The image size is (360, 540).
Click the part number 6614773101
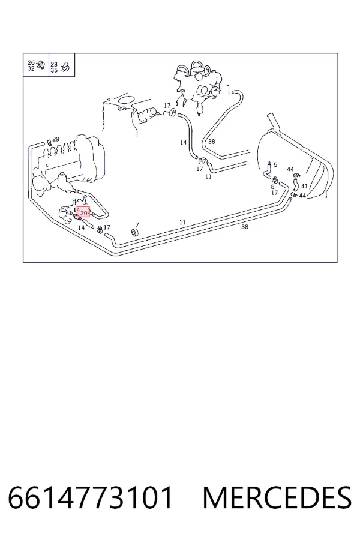pyautogui.click(x=90, y=497)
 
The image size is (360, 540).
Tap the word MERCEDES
pyautogui.click(x=277, y=497)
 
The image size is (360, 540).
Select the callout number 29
pyautogui.click(x=56, y=139)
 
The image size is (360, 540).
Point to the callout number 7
pyautogui.click(x=137, y=225)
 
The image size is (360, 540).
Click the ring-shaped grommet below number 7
pyautogui.click(x=136, y=233)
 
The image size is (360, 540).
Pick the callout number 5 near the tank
pyautogui.click(x=275, y=165)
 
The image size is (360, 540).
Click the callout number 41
pyautogui.click(x=304, y=187)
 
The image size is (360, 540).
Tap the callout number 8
pyautogui.click(x=272, y=187)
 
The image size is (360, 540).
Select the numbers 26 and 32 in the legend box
pyautogui.click(x=31, y=65)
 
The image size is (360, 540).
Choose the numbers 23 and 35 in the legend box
pyautogui.click(x=54, y=67)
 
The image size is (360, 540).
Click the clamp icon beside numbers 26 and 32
pyautogui.click(x=41, y=65)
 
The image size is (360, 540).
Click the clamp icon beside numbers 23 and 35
pyautogui.click(x=65, y=67)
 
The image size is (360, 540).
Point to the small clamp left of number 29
pyautogui.click(x=49, y=141)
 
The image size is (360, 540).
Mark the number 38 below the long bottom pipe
pyautogui.click(x=245, y=227)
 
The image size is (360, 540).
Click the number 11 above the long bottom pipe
pyautogui.click(x=182, y=223)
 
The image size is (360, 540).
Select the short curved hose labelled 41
pyautogui.click(x=296, y=184)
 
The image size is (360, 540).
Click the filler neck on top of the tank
pyautogui.click(x=275, y=122)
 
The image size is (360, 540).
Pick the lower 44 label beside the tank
pyautogui.click(x=302, y=196)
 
